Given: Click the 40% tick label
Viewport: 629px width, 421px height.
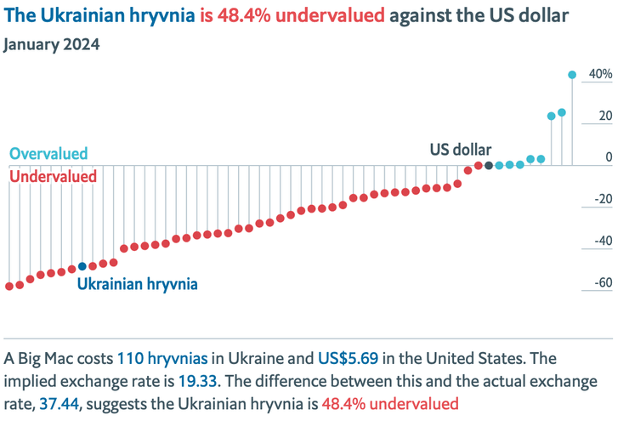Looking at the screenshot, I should coord(600,75).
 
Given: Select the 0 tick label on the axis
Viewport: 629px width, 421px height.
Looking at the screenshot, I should coord(608,158).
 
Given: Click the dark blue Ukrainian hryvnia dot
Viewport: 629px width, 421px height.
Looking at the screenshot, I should coord(82,266).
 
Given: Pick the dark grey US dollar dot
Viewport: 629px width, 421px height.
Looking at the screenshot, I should coord(489,165).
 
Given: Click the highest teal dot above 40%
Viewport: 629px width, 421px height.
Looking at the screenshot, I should coord(572,75).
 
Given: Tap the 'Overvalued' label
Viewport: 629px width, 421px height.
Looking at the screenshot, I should coord(48,154).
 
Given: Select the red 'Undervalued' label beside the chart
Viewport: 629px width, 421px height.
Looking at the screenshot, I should coord(53,176).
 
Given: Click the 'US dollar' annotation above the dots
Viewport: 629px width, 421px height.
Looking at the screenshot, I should coord(460,150).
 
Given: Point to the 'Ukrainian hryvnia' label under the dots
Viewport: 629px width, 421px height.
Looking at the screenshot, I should coord(138,284).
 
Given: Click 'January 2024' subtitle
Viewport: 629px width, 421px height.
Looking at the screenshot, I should coord(52,44).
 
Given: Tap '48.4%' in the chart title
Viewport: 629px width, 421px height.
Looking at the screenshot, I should coord(248,16).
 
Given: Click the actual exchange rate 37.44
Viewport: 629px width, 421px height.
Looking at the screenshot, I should coord(58,402).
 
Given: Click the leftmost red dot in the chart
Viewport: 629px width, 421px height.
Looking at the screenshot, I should coord(9,286).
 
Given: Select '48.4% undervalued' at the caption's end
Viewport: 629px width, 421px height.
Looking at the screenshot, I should coord(390,402).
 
